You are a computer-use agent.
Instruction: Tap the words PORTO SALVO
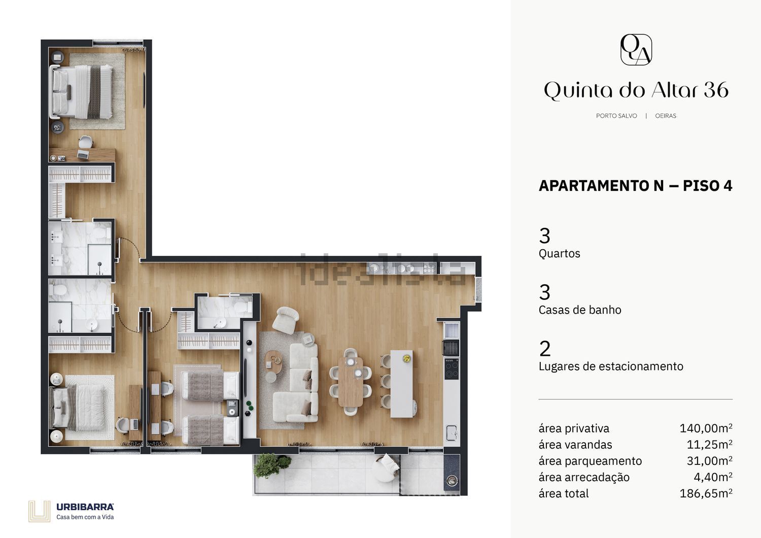pos(616,116)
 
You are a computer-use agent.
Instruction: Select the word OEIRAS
pos(666,116)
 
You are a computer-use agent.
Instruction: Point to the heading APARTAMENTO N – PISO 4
pos(635,186)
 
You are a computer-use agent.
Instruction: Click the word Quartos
pos(559,254)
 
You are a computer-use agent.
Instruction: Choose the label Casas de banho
pos(580,310)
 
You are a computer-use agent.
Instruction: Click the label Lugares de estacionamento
pos(611,366)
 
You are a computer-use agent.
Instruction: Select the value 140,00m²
pos(706,428)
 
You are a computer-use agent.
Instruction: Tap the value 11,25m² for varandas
pos(709,445)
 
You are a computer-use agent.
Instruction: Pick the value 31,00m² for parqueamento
pos(709,461)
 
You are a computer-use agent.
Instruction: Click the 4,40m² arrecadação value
pos(713,477)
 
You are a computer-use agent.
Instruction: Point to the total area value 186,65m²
pos(706,493)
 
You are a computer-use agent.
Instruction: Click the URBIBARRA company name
pos(85,507)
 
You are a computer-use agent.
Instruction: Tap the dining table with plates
pos(351,381)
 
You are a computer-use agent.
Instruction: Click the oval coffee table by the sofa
pos(274,362)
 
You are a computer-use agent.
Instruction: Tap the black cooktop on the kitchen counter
pos(452,369)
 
